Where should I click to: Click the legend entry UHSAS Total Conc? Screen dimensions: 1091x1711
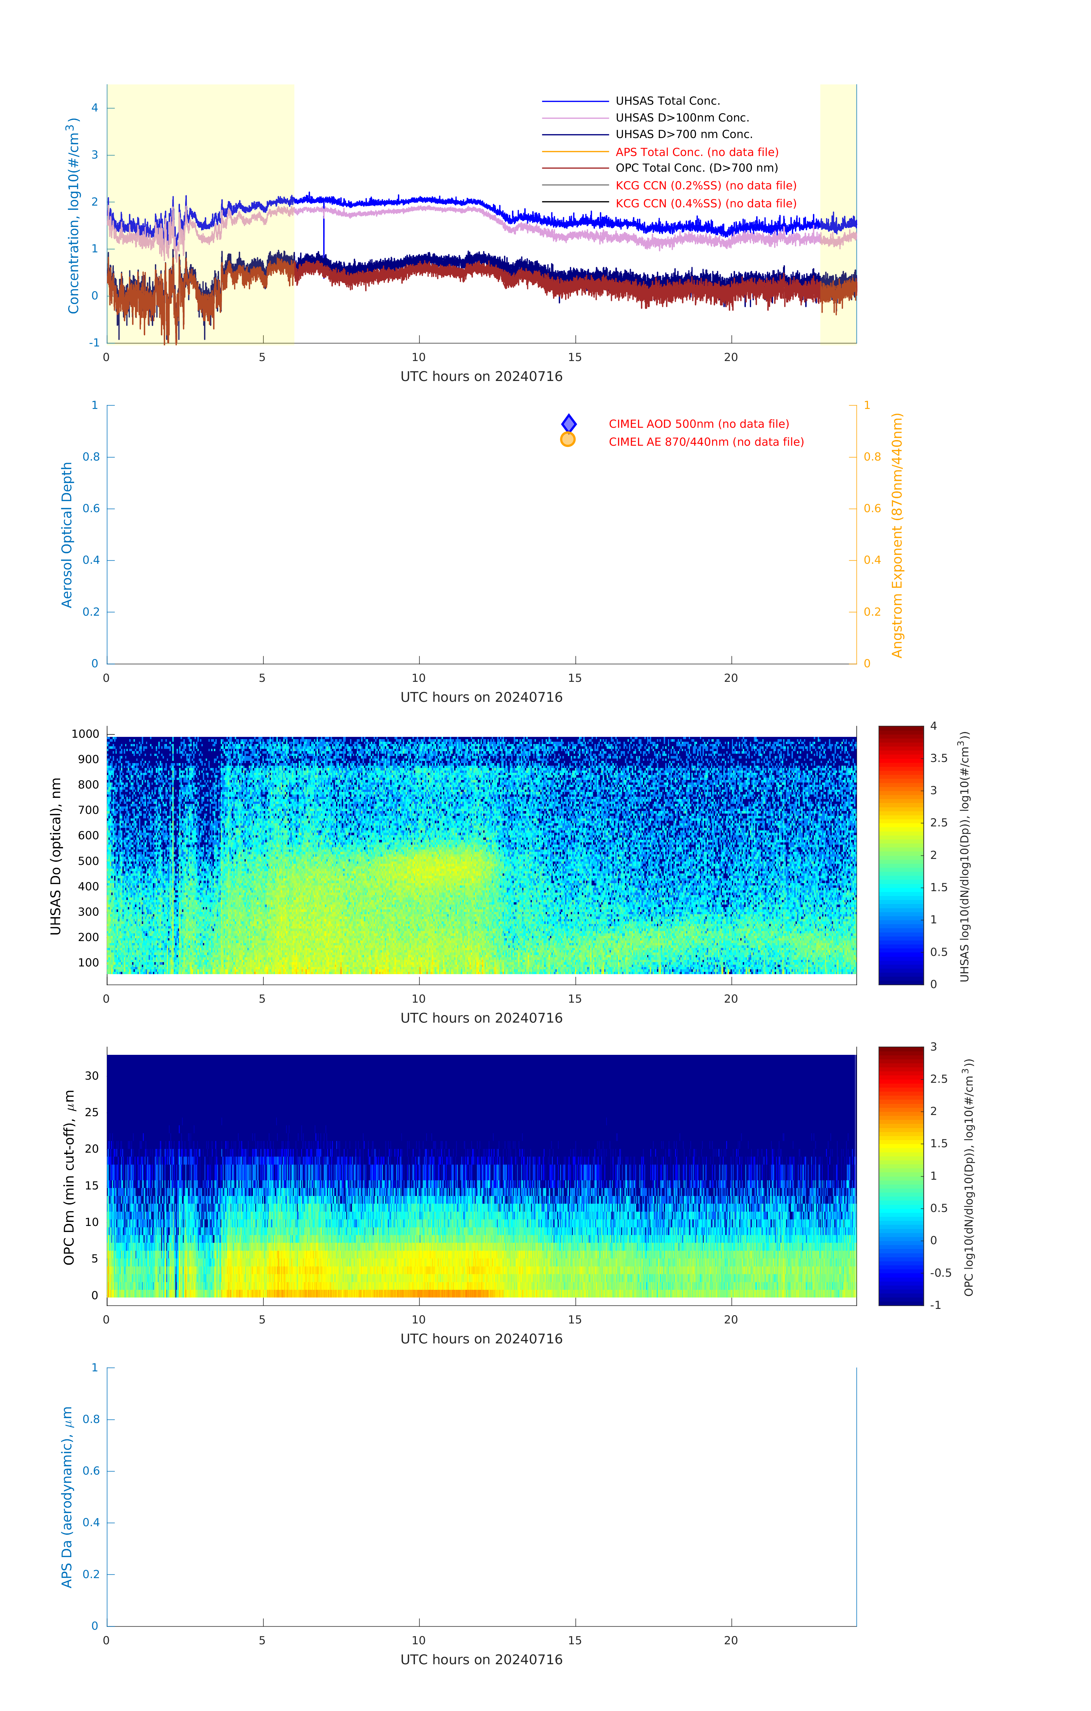pos(667,101)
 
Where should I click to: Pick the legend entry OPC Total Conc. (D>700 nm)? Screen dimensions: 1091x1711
pos(697,169)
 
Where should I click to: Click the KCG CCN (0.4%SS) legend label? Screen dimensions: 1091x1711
pos(706,203)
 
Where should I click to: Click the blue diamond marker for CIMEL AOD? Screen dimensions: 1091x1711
pos(568,423)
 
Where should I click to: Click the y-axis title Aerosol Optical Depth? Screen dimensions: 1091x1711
pos(67,535)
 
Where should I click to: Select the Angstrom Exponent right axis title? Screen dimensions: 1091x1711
pos(897,535)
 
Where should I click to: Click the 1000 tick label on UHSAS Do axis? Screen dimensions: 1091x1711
pos(85,734)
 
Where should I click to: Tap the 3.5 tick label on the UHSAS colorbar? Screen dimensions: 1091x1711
pos(939,758)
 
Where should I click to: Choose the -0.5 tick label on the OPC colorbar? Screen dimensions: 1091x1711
pos(940,1273)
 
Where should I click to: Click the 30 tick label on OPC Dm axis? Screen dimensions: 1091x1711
pos(92,1076)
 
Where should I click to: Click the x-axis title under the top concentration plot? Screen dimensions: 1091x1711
pos(481,377)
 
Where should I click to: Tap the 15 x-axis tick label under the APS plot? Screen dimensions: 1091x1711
pos(575,1641)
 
